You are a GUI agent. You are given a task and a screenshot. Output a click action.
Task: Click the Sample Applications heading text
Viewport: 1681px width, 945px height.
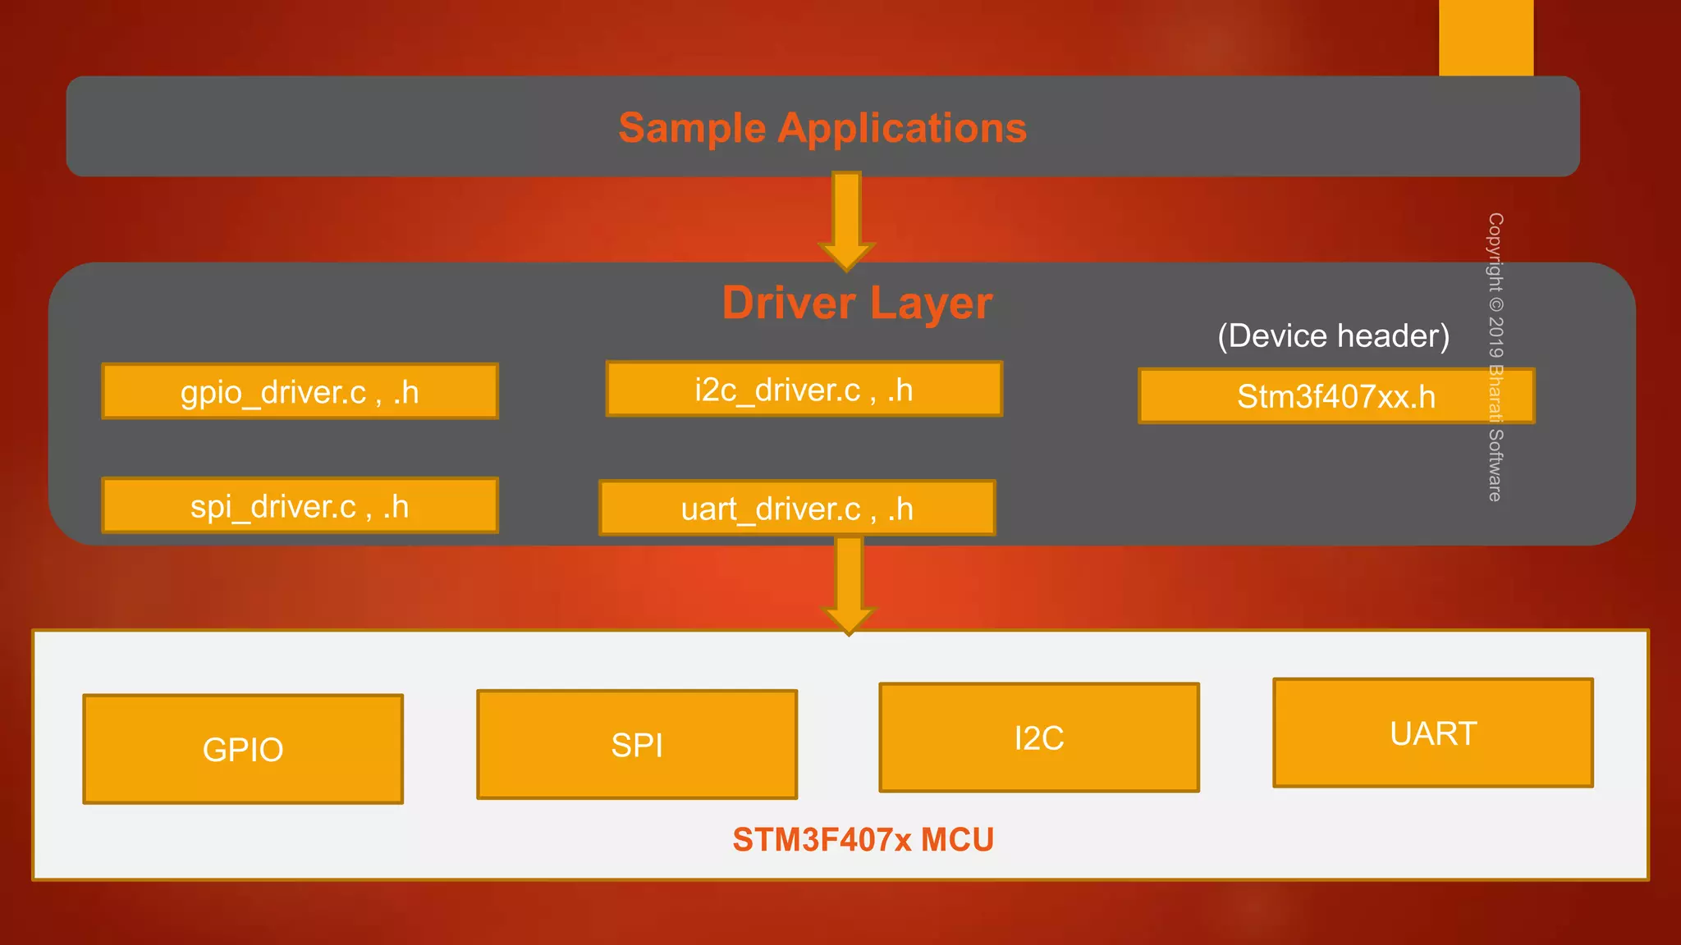[822, 128]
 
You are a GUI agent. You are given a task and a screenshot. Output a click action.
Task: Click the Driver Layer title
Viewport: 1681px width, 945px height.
[857, 303]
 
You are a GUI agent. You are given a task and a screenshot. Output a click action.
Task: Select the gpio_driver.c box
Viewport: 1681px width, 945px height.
[300, 392]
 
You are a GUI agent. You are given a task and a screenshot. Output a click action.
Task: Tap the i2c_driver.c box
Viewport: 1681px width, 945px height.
[804, 390]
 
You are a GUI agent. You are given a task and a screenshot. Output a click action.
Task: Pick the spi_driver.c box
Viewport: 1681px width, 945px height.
[300, 506]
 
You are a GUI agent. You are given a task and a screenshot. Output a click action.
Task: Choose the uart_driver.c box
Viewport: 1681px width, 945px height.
[797, 509]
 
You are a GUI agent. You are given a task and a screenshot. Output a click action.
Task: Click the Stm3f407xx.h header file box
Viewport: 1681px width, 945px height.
[1335, 397]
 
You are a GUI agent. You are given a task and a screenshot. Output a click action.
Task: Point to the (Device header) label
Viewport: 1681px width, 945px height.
[1333, 336]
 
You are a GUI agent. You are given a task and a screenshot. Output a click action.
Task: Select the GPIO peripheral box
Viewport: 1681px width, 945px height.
[243, 749]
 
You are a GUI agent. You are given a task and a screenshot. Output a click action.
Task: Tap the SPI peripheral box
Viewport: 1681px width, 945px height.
[637, 744]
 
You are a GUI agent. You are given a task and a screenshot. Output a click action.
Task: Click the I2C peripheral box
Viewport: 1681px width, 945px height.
[1039, 737]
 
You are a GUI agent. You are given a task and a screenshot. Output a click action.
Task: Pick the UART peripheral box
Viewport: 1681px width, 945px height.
[1433, 733]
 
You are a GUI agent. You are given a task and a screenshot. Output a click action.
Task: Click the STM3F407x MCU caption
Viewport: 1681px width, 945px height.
[863, 840]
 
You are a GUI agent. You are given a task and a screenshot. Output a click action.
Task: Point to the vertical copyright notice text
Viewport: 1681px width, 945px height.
[1495, 357]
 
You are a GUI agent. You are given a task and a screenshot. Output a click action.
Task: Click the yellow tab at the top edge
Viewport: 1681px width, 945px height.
[1486, 38]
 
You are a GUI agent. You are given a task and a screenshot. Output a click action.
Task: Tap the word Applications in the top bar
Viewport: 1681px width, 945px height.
[902, 129]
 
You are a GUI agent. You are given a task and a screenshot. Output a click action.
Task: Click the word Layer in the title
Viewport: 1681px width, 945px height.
[931, 304]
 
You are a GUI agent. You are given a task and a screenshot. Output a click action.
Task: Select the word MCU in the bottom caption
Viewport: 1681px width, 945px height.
[957, 840]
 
